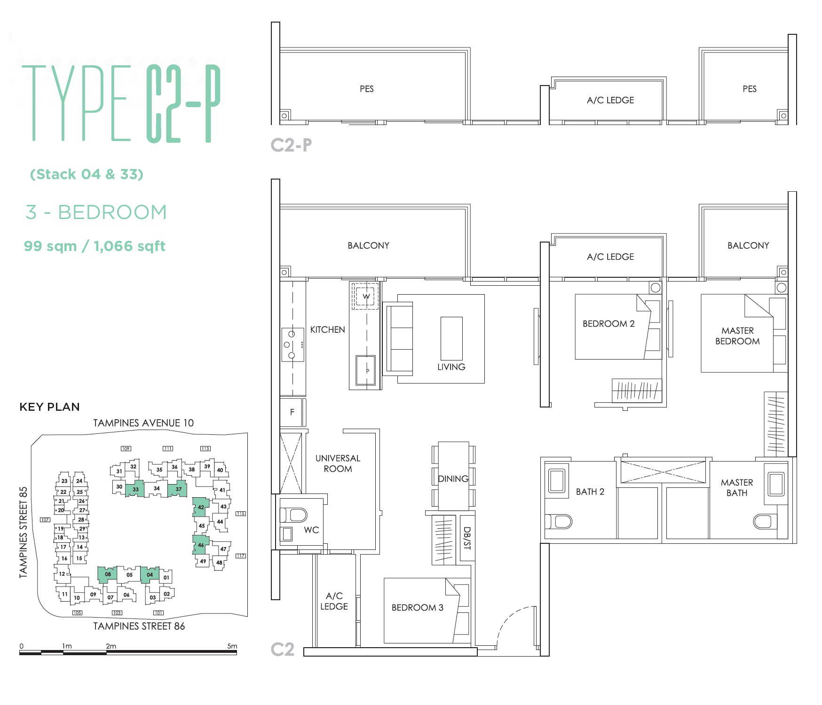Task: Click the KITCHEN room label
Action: (327, 329)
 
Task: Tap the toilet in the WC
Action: (293, 515)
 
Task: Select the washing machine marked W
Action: (365, 296)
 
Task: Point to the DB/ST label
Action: (466, 538)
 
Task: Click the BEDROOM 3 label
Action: (417, 607)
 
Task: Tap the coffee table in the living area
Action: (451, 338)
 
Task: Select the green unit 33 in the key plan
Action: (134, 489)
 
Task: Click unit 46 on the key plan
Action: (200, 545)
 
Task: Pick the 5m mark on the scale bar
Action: (232, 646)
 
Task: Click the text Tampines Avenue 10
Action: (143, 423)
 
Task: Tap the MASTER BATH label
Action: (736, 487)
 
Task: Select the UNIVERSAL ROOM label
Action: (338, 463)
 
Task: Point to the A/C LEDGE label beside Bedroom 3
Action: (334, 601)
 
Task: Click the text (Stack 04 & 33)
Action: (87, 174)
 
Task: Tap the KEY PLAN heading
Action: (49, 407)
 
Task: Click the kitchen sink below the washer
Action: (365, 370)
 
